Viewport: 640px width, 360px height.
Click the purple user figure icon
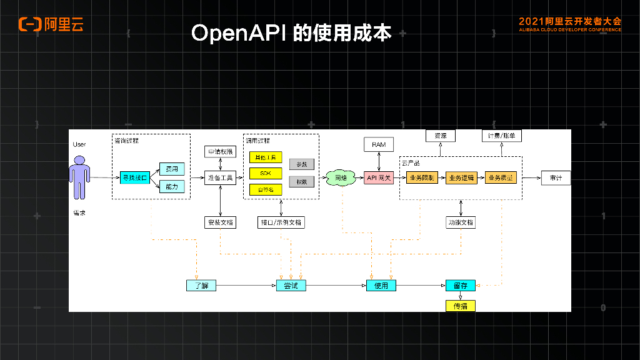click(x=79, y=177)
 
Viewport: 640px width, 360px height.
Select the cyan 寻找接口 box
click(x=134, y=178)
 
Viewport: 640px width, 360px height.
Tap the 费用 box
click(x=171, y=169)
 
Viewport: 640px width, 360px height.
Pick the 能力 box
click(x=171, y=186)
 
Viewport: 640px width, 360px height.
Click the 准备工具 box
click(x=220, y=178)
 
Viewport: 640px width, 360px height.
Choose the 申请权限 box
click(x=220, y=152)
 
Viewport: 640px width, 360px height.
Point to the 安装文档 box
click(x=220, y=222)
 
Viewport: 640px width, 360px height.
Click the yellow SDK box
click(x=266, y=173)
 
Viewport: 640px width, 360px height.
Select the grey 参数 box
click(x=302, y=164)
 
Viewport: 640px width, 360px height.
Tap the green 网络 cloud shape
click(x=341, y=178)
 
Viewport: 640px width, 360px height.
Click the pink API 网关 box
click(x=379, y=178)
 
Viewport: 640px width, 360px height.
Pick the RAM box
click(x=379, y=144)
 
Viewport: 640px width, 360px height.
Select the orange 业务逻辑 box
click(x=461, y=178)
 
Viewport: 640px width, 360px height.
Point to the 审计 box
click(x=556, y=178)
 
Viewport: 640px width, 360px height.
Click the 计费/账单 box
click(x=502, y=136)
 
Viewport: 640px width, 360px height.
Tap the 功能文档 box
click(x=461, y=222)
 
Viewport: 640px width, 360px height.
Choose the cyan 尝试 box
click(x=291, y=286)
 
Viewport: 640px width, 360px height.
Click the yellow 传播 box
click(x=461, y=306)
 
